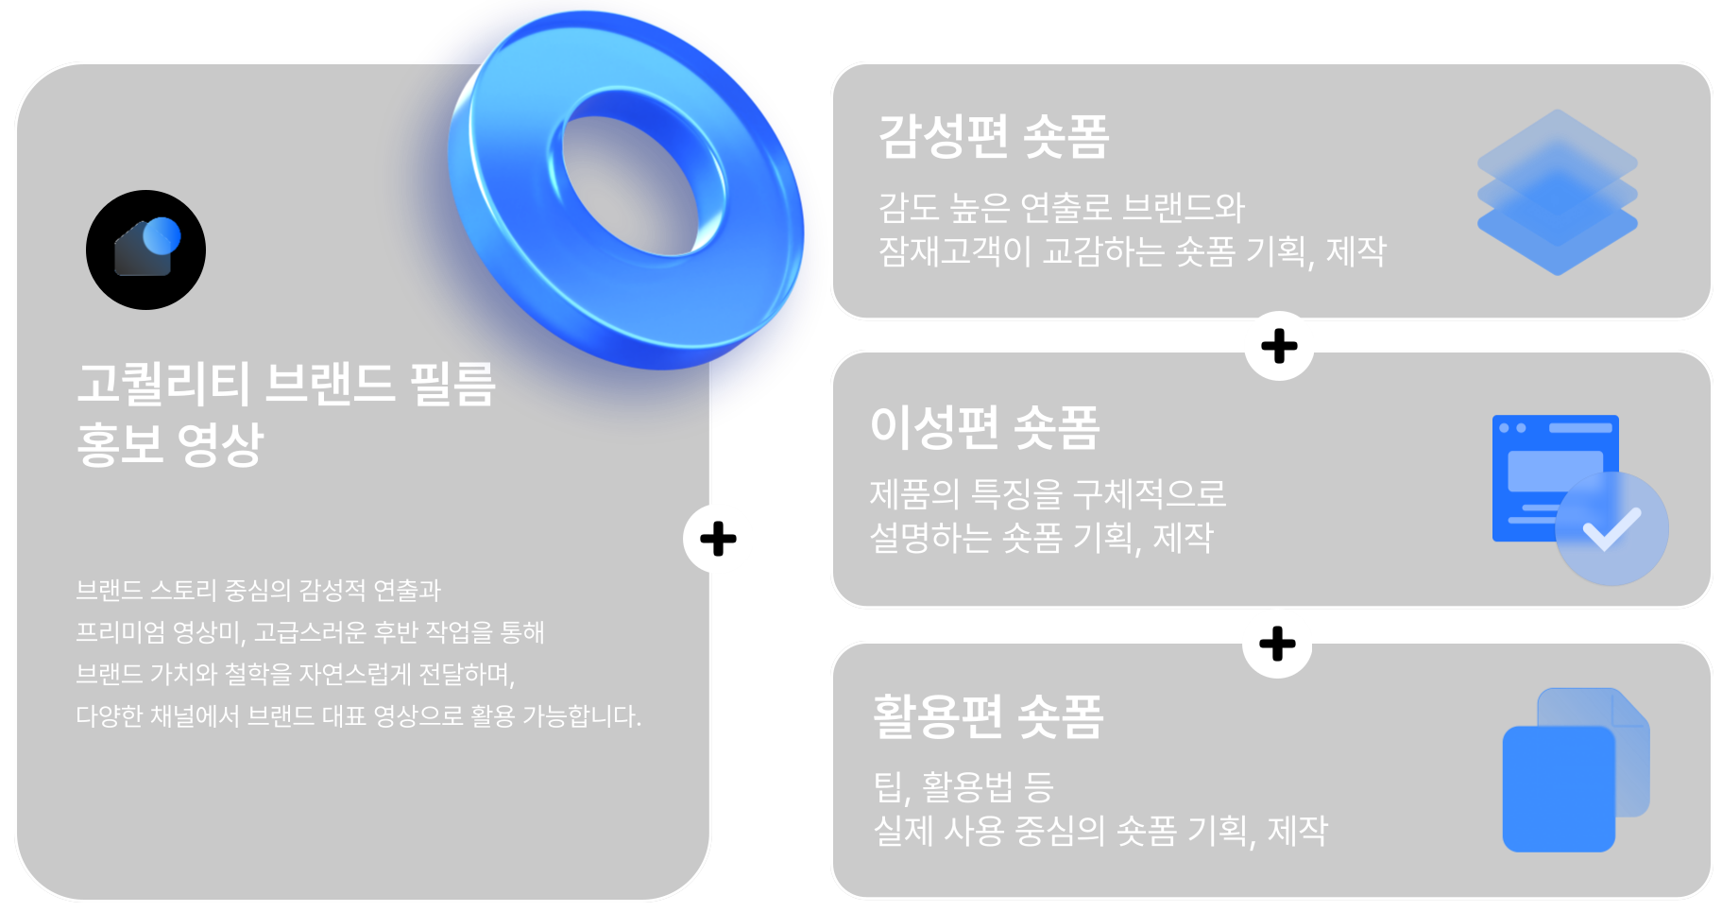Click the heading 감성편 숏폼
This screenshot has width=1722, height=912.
993,136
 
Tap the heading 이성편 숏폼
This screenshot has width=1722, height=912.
984,427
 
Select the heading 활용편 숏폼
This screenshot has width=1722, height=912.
988,716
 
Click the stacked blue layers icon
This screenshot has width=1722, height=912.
1557,192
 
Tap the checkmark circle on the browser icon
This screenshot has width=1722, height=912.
1611,528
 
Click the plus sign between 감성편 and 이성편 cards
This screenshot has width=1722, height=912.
1279,346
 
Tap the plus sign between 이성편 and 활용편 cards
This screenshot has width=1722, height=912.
1277,645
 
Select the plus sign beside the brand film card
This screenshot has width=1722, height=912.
718,540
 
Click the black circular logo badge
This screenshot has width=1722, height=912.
145,250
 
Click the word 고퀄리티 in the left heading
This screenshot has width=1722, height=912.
163,384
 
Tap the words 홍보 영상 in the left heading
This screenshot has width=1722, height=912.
170,444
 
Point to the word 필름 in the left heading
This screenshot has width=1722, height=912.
452,384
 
